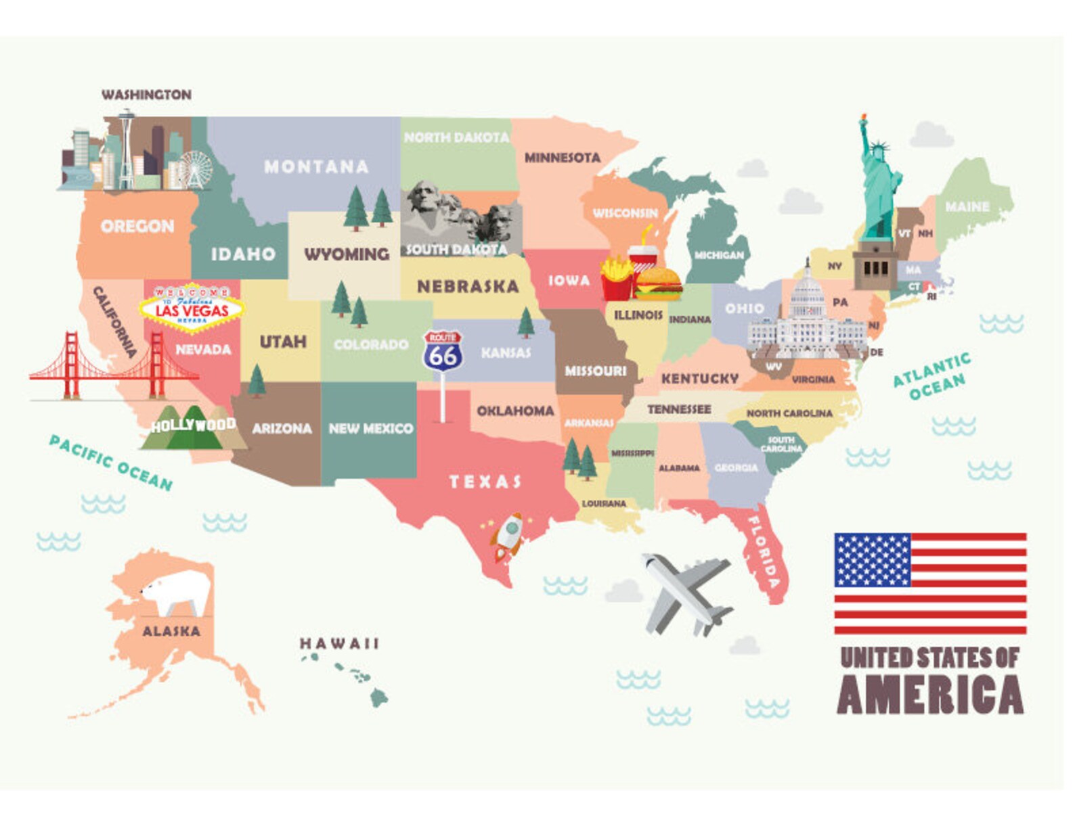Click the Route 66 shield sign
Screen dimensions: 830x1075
click(x=443, y=351)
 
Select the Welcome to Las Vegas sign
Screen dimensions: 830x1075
click(x=192, y=308)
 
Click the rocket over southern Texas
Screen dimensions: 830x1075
click(x=508, y=535)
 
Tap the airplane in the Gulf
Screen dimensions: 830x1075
click(x=686, y=593)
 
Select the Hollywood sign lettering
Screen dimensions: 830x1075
click(x=193, y=425)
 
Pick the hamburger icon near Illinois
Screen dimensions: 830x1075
click(x=657, y=283)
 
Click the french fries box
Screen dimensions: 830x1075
click(x=616, y=279)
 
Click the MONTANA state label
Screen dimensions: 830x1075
click(x=316, y=166)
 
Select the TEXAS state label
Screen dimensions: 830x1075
click(x=485, y=482)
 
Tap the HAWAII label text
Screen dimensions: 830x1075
click(x=339, y=643)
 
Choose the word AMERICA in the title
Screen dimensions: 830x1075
click(x=930, y=695)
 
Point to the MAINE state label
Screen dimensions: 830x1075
click(x=967, y=206)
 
